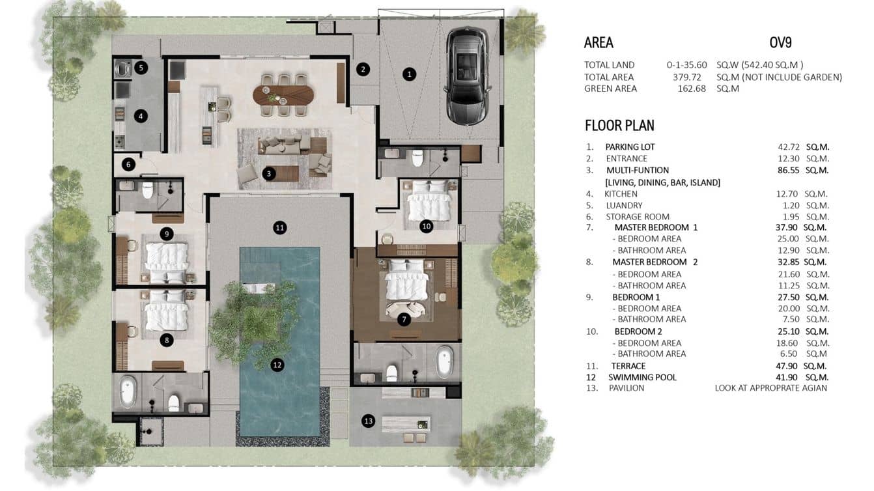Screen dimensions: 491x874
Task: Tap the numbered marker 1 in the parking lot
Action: (x=409, y=74)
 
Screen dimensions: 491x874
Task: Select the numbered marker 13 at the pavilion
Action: (x=369, y=421)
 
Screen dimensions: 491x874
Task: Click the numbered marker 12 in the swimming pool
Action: (x=277, y=365)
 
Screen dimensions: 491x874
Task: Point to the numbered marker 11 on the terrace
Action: (x=280, y=227)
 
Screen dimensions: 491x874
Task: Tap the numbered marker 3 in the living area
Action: (x=268, y=173)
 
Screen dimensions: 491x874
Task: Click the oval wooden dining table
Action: (x=283, y=96)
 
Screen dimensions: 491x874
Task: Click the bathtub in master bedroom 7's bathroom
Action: (x=444, y=362)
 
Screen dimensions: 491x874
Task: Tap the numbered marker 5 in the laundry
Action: (x=141, y=67)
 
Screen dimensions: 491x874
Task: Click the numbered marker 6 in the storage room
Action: (x=129, y=164)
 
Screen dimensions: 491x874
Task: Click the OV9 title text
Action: (x=780, y=43)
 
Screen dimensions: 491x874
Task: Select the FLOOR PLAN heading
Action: (x=619, y=126)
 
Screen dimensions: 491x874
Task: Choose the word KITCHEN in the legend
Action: (x=621, y=193)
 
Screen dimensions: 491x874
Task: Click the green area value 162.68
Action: (x=692, y=89)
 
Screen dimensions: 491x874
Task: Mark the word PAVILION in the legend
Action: (x=626, y=388)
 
